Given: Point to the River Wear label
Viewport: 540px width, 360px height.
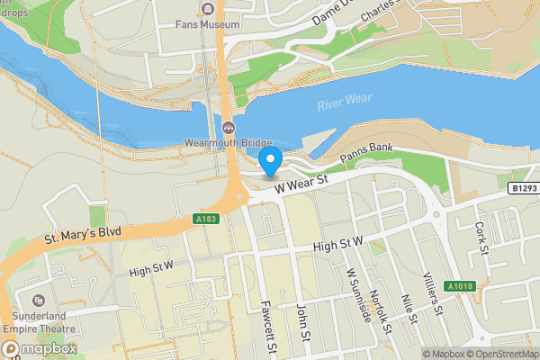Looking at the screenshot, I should (343, 104).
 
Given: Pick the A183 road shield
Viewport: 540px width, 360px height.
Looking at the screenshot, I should (206, 218).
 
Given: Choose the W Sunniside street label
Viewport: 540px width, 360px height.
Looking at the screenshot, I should (359, 295).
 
